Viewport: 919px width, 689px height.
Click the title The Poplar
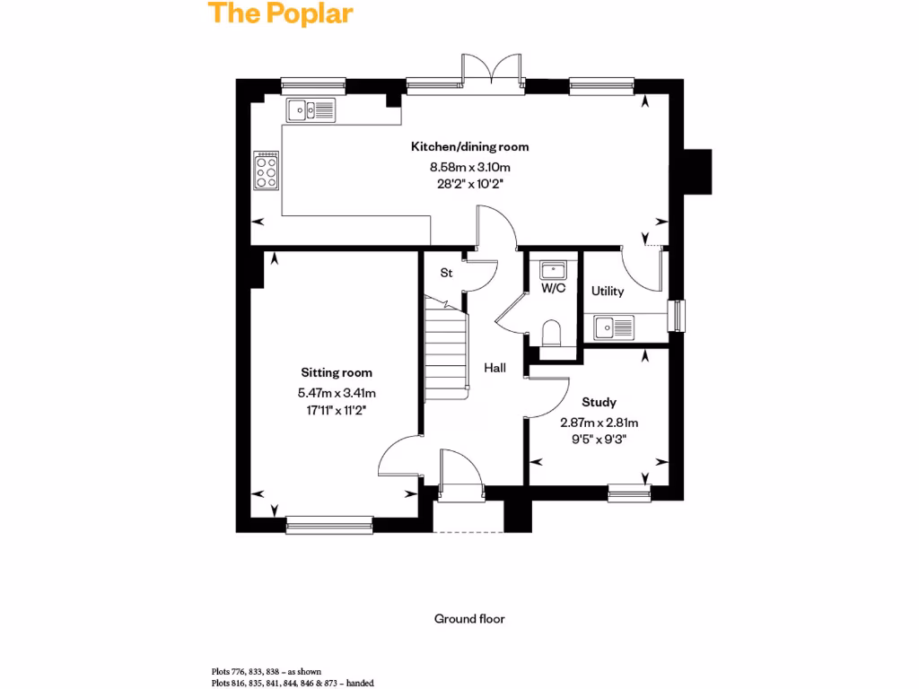pyautogui.click(x=281, y=14)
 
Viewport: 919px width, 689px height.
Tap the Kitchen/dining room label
pyautogui.click(x=469, y=146)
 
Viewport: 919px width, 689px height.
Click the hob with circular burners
pyautogui.click(x=267, y=170)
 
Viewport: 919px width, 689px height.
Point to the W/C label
pyautogui.click(x=553, y=289)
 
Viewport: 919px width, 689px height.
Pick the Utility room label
pyautogui.click(x=608, y=292)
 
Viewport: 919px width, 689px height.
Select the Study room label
pyautogui.click(x=599, y=403)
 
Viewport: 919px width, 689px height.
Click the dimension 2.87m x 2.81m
pyautogui.click(x=599, y=423)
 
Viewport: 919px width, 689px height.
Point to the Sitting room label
pyautogui.click(x=337, y=372)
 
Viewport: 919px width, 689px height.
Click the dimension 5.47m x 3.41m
pyautogui.click(x=337, y=392)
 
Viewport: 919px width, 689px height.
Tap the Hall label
pyautogui.click(x=495, y=368)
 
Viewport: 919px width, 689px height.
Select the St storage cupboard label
pyautogui.click(x=445, y=273)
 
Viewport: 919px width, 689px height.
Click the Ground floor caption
pyautogui.click(x=469, y=619)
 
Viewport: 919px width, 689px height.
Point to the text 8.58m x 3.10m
pyautogui.click(x=469, y=167)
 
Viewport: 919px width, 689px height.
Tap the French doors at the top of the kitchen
pyautogui.click(x=492, y=72)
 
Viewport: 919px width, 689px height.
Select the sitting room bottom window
pyautogui.click(x=329, y=524)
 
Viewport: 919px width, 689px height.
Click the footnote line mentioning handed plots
pyautogui.click(x=293, y=683)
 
